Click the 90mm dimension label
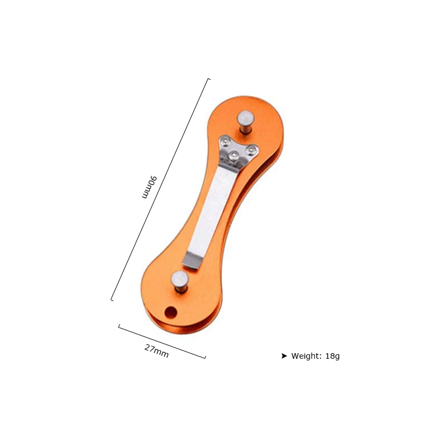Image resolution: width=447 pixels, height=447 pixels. pyautogui.click(x=149, y=187)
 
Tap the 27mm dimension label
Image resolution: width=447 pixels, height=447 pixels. pyautogui.click(x=156, y=351)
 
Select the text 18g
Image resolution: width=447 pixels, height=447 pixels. pyautogui.click(x=332, y=356)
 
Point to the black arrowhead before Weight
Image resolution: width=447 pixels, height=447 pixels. pyautogui.click(x=284, y=356)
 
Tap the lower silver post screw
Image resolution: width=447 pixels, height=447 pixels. pyautogui.click(x=180, y=282)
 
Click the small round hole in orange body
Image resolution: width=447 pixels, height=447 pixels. pyautogui.click(x=171, y=312)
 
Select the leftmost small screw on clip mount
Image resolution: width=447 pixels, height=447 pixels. pyautogui.click(x=226, y=141)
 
